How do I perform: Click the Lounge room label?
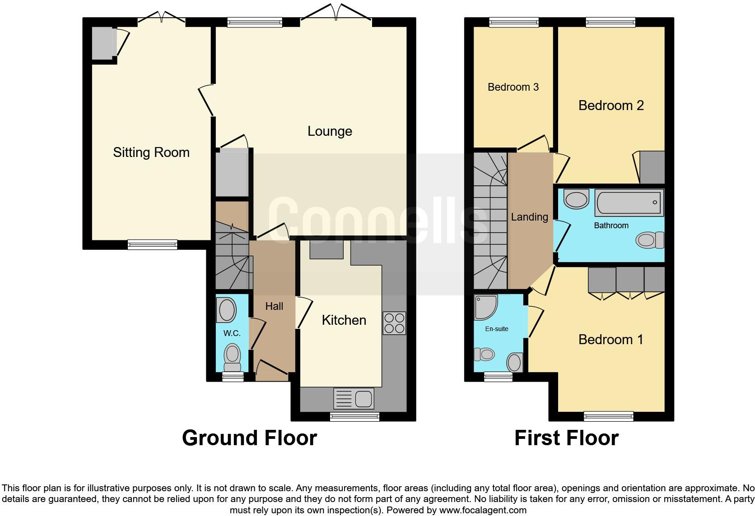tap(330, 131)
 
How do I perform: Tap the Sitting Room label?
tap(151, 152)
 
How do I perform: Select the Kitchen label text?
tap(344, 320)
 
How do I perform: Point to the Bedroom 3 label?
tap(513, 87)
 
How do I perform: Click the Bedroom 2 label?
tap(611, 106)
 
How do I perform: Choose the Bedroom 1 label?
tap(611, 339)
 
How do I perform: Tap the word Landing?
tap(530, 217)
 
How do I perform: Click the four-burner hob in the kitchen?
tap(394, 323)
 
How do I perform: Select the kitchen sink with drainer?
tap(354, 399)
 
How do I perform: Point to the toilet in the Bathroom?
tap(650, 240)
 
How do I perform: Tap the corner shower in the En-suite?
tap(486, 307)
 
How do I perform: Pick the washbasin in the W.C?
tap(228, 310)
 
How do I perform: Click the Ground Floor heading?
tap(249, 438)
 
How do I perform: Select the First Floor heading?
tap(567, 438)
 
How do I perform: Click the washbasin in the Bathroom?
tap(576, 199)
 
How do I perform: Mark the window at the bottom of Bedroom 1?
tap(608, 416)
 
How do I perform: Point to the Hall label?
tap(274, 306)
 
